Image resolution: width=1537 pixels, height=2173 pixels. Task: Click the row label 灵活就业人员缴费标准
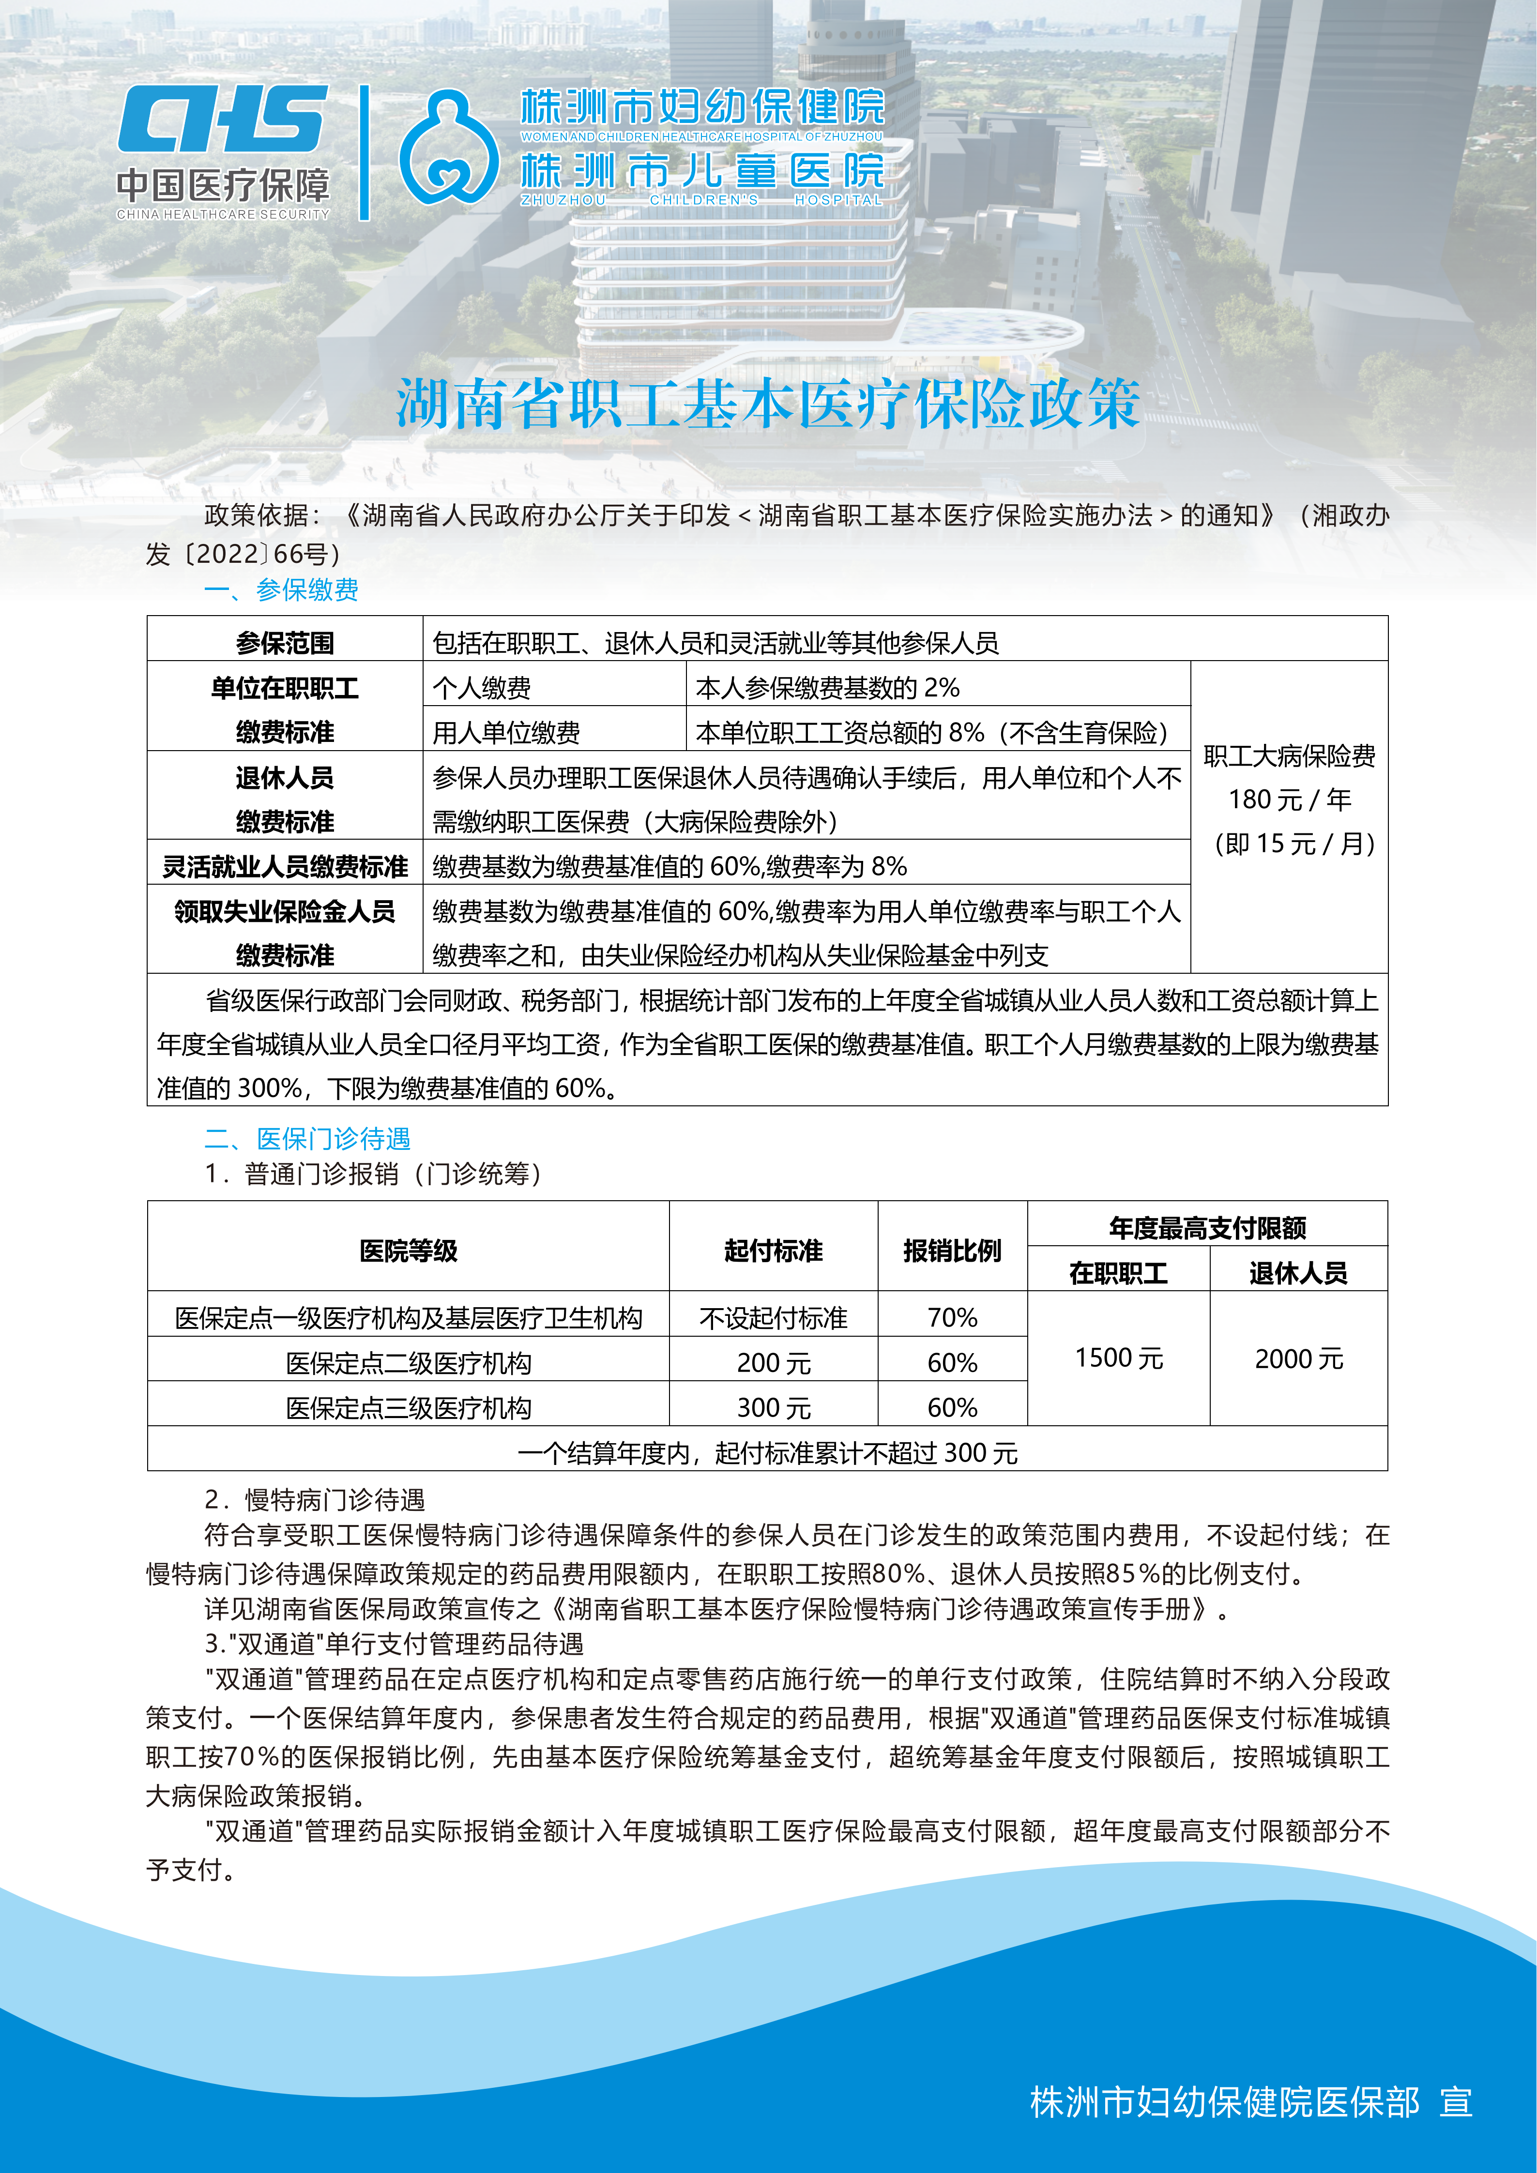click(x=285, y=866)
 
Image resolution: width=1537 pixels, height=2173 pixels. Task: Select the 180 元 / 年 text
click(x=1289, y=800)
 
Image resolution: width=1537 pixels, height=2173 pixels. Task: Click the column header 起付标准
click(x=773, y=1250)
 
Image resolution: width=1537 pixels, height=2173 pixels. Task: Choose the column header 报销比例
click(x=952, y=1250)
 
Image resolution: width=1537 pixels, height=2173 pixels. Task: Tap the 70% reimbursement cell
click(x=952, y=1317)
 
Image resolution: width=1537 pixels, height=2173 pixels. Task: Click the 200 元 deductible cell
click(x=773, y=1363)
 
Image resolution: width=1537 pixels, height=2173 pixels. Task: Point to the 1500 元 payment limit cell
click(x=1119, y=1358)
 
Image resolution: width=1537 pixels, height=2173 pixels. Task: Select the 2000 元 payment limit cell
click(x=1298, y=1358)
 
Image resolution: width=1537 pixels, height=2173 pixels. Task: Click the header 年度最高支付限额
click(x=1208, y=1227)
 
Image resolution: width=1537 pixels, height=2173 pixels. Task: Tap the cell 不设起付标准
click(x=773, y=1317)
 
